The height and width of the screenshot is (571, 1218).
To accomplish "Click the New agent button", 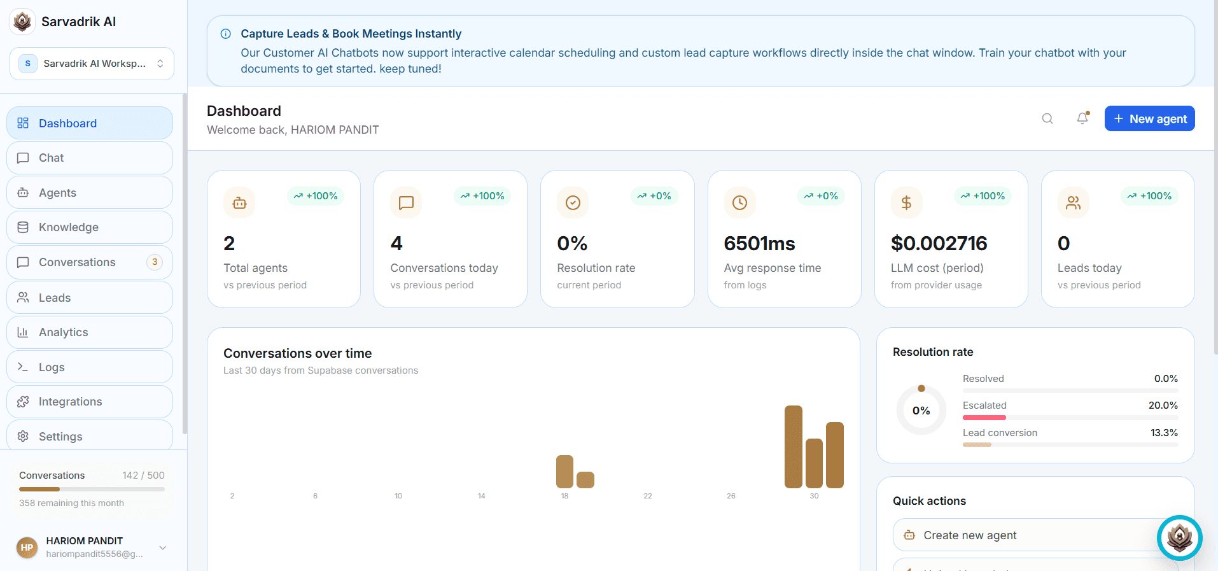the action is [x=1149, y=118].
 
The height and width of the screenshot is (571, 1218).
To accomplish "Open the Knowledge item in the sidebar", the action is [x=90, y=227].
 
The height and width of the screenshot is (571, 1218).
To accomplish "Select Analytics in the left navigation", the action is [x=90, y=332].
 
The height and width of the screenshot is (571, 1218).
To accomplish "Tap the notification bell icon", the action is [x=1082, y=118].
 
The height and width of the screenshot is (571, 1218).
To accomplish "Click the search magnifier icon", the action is [x=1047, y=119].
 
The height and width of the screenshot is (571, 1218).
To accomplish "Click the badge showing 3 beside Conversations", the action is [x=155, y=262].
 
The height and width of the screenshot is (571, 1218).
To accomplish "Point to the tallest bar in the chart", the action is [x=794, y=447].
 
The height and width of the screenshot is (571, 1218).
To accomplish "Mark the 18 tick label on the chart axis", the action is [x=564, y=496].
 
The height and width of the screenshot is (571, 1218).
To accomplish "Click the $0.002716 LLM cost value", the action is [x=939, y=243].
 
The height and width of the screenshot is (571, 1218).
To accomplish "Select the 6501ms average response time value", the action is [x=760, y=243].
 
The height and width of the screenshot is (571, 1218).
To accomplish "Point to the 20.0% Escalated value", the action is [x=1163, y=405].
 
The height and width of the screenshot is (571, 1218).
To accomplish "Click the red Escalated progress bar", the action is [x=984, y=418].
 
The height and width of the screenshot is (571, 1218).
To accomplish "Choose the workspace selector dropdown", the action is [x=92, y=64].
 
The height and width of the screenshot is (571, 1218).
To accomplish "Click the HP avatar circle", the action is [x=27, y=547].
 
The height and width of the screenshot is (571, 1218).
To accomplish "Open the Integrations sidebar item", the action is [x=90, y=402].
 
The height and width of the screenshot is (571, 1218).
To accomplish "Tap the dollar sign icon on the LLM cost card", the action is [x=906, y=202].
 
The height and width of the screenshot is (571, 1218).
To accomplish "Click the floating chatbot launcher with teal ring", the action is [x=1180, y=538].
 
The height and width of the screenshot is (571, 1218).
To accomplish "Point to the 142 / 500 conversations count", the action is [x=143, y=476].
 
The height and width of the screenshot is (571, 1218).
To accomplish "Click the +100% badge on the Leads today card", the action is [x=1149, y=196].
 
